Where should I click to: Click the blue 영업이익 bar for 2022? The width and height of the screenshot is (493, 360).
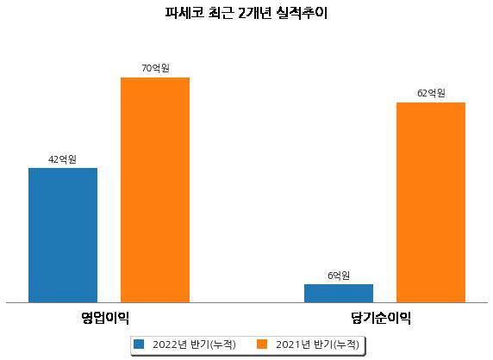tap(63, 235)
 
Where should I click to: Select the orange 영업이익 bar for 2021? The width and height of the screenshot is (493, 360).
tap(155, 190)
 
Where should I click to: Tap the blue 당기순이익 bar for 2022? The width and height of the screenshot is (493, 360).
tap(339, 294)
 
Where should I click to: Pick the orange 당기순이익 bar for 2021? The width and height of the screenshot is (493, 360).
tap(431, 202)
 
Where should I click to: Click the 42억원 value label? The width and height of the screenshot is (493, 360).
tap(62, 159)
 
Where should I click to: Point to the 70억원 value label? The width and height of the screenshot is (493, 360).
tap(155, 68)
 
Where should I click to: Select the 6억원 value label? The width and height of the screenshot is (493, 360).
tap(339, 276)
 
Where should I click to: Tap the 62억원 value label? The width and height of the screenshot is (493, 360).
tap(431, 93)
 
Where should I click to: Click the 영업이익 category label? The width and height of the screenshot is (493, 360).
tap(105, 318)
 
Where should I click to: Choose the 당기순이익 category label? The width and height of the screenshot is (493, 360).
tap(381, 318)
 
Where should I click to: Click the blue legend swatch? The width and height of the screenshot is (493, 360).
tap(139, 344)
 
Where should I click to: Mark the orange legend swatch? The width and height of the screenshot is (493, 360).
tap(262, 344)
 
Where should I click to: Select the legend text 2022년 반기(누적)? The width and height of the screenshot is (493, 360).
tap(194, 344)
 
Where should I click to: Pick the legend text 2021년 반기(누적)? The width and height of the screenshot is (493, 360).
tap(317, 344)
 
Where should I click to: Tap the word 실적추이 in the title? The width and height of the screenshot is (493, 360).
tap(303, 13)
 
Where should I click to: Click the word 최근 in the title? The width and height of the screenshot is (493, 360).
tap(221, 13)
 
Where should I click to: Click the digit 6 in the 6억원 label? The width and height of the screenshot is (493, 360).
tap(330, 276)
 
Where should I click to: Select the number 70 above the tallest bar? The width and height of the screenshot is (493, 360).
tap(147, 68)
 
